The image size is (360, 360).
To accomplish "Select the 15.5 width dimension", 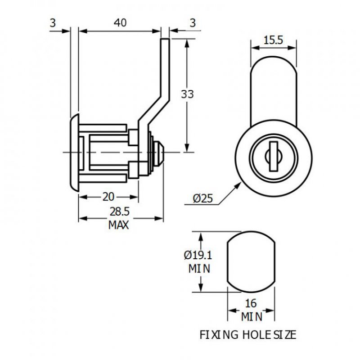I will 273,40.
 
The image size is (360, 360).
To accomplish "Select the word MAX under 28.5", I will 119,225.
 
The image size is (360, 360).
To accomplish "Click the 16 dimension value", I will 252,303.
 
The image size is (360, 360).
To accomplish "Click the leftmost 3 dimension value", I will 53,23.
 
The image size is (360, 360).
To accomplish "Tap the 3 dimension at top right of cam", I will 193,23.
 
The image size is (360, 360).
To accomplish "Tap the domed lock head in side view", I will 74,153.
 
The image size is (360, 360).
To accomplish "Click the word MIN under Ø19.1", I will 198,269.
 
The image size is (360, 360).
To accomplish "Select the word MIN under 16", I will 252,317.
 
